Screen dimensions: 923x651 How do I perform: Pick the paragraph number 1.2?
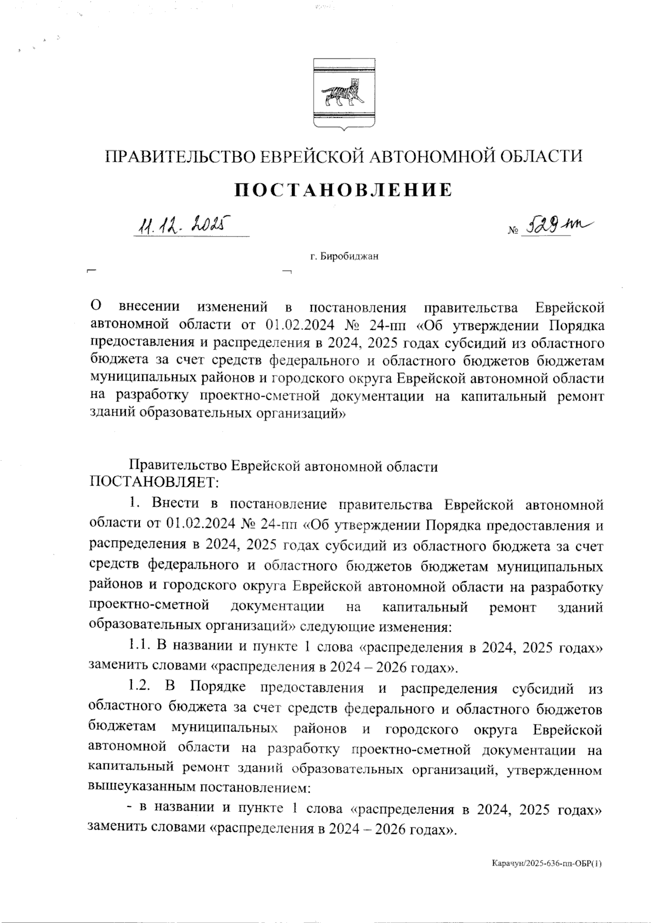click(x=139, y=689)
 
